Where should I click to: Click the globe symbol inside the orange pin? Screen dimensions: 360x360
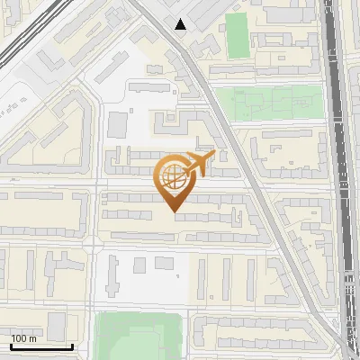[173, 177]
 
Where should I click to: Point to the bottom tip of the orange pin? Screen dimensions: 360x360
[175, 212]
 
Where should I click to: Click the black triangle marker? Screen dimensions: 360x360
[181, 23]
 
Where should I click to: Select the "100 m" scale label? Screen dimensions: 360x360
[23, 338]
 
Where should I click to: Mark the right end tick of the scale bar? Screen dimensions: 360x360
[72, 344]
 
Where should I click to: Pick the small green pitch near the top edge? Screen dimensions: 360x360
[236, 34]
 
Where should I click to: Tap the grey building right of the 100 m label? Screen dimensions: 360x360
[54, 324]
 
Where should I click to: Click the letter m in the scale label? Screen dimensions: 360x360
[31, 338]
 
